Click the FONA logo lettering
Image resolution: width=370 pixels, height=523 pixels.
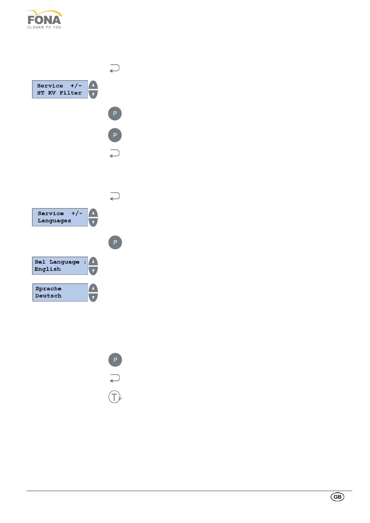tap(44, 20)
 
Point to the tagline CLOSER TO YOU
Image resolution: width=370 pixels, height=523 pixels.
tap(44, 27)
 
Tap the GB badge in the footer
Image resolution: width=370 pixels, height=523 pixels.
tap(337, 497)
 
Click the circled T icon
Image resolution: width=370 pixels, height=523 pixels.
tap(114, 397)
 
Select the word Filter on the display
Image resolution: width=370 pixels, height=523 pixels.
tap(71, 93)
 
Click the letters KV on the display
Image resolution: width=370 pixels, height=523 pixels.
tap(52, 93)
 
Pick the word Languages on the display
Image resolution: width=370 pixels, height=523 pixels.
tap(54, 221)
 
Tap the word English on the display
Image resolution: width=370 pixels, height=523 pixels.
tap(48, 269)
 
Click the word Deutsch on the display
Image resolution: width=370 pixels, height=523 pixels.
tap(48, 296)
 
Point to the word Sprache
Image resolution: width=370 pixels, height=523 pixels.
tap(48, 289)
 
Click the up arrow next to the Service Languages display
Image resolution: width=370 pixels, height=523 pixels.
tap(93, 213)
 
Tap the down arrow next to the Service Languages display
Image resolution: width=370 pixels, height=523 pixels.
tap(93, 222)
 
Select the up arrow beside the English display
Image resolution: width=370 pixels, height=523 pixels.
tap(93, 261)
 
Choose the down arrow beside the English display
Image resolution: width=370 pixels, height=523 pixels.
tap(93, 270)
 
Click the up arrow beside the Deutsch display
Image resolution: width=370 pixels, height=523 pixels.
tap(93, 288)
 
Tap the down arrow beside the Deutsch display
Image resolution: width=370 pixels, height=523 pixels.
tap(93, 297)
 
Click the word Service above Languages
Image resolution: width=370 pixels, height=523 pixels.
tap(51, 214)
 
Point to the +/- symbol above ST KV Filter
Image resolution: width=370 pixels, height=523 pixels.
tap(76, 86)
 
